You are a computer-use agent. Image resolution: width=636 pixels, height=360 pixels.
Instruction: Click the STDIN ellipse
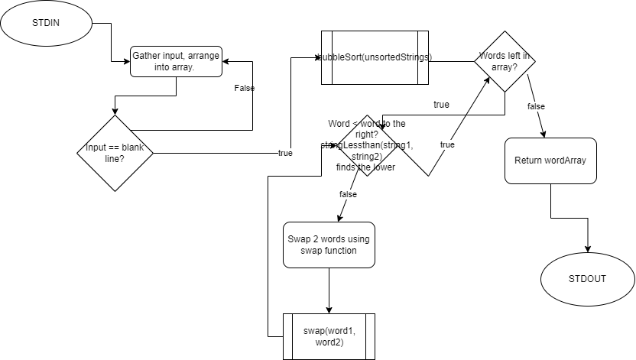(x=46, y=22)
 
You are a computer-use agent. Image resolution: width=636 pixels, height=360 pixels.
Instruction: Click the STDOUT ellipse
(x=587, y=279)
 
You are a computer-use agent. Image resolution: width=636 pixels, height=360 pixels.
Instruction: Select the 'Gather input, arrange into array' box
(x=176, y=61)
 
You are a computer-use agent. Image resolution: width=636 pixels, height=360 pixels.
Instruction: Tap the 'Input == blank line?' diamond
(x=115, y=153)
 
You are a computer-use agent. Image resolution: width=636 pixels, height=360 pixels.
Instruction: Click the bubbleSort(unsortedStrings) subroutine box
(x=375, y=57)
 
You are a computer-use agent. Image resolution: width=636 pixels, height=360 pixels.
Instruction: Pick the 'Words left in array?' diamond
(x=505, y=61)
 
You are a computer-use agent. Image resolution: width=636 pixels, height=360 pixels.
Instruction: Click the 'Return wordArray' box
(x=550, y=161)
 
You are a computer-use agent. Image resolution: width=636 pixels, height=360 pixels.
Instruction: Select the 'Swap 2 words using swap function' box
(x=329, y=245)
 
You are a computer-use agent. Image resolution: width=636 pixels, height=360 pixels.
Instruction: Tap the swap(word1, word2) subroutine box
(x=329, y=337)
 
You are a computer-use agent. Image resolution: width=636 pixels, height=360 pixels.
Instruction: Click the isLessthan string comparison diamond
(x=367, y=145)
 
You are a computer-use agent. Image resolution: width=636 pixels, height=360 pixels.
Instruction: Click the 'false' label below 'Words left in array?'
(x=536, y=107)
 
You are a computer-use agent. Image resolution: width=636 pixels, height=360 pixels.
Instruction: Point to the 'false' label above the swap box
(x=348, y=195)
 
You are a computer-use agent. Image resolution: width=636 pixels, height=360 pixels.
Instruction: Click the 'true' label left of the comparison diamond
(x=285, y=154)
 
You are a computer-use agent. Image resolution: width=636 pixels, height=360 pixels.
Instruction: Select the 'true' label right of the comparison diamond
(x=447, y=144)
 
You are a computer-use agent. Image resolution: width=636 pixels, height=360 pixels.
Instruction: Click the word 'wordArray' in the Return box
(x=564, y=161)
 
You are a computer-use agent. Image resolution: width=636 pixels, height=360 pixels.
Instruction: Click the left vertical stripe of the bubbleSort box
(x=327, y=57)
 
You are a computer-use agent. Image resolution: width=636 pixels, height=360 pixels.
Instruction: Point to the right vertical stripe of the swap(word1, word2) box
(x=370, y=337)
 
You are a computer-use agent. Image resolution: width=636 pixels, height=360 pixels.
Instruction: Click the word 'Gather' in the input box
(x=147, y=56)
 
